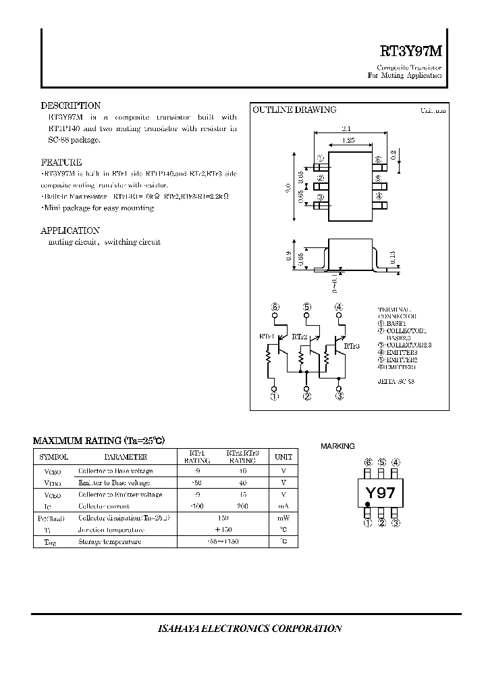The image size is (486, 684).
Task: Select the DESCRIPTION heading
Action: pyautogui.click(x=71, y=106)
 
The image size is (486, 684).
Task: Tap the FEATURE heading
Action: pyautogui.click(x=61, y=163)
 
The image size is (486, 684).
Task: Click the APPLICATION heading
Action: pyautogui.click(x=70, y=230)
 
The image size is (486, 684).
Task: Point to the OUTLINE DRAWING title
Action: pyautogui.click(x=294, y=110)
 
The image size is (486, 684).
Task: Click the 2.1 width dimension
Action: pyautogui.click(x=346, y=128)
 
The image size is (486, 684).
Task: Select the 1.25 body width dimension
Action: pyautogui.click(x=348, y=141)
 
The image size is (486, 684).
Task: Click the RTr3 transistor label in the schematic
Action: pyautogui.click(x=352, y=346)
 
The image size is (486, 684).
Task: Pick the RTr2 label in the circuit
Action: pyautogui.click(x=299, y=336)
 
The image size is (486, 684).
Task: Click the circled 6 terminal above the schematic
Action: pyautogui.click(x=275, y=307)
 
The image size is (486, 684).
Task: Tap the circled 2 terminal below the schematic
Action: pyautogui.click(x=307, y=397)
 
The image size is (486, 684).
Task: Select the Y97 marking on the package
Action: pyautogui.click(x=380, y=493)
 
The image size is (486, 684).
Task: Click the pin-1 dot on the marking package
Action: pyautogui.click(x=368, y=504)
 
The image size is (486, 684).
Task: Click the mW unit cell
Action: pyautogui.click(x=283, y=518)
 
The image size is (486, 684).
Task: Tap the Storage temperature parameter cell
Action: pyautogui.click(x=109, y=542)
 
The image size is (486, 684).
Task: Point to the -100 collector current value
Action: pyautogui.click(x=196, y=506)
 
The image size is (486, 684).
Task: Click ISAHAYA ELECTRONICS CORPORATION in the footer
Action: pyautogui.click(x=250, y=629)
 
